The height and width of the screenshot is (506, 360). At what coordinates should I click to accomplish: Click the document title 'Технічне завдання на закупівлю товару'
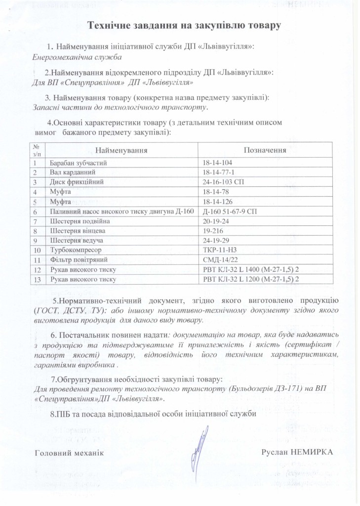click(184, 25)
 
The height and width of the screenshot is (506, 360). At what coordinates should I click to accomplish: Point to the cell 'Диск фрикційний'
click(74, 182)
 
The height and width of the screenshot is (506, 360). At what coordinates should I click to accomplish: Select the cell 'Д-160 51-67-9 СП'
click(228, 211)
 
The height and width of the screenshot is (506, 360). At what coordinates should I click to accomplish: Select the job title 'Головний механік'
click(69, 452)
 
